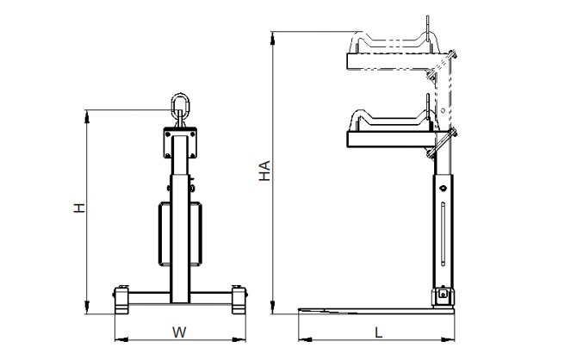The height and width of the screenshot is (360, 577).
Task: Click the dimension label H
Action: (79, 208)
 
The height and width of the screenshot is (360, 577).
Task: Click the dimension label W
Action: (180, 332)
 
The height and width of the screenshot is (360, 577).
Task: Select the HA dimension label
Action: (264, 171)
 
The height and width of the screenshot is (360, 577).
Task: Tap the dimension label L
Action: (378, 332)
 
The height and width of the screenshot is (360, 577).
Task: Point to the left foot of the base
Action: (121, 300)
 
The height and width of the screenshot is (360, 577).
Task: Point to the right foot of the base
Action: (239, 300)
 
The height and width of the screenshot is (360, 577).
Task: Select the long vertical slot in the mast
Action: (443, 233)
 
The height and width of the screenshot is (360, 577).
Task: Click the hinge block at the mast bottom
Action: (443, 295)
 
